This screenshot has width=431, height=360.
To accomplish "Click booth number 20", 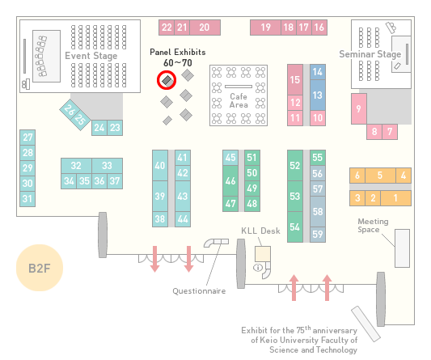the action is tap(205, 28).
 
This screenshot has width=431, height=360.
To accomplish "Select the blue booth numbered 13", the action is tap(318, 95).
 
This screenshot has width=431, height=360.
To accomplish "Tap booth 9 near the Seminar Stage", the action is tap(359, 109).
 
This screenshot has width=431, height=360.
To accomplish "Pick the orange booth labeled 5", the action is tap(380, 176).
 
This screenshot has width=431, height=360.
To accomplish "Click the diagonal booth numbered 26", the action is tap(70, 109).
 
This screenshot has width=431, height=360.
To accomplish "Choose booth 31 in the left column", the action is tap(27, 199).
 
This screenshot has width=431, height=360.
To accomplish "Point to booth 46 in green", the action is tap(230, 180).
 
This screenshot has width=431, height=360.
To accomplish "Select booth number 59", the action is tap(318, 235).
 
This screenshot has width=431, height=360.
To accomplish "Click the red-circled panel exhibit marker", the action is tap(167, 80).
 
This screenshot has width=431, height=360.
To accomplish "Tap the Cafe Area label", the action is tap(239, 100).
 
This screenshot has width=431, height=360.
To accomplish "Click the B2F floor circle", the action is tap(40, 268).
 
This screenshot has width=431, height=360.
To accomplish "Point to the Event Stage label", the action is tap(91, 56).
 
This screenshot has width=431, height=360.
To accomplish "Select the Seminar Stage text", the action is tap(370, 54).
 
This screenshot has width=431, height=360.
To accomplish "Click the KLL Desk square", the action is tap(263, 254).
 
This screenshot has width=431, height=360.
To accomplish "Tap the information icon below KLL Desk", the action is tap(258, 267).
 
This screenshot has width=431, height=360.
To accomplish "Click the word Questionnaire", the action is tap(199, 291).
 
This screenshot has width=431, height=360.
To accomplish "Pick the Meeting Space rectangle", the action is tap(402, 248).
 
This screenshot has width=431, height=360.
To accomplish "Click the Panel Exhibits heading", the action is tap(178, 53).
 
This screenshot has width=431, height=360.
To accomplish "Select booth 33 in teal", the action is tap(108, 166).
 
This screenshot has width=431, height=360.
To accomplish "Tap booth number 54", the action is tap(295, 227).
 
